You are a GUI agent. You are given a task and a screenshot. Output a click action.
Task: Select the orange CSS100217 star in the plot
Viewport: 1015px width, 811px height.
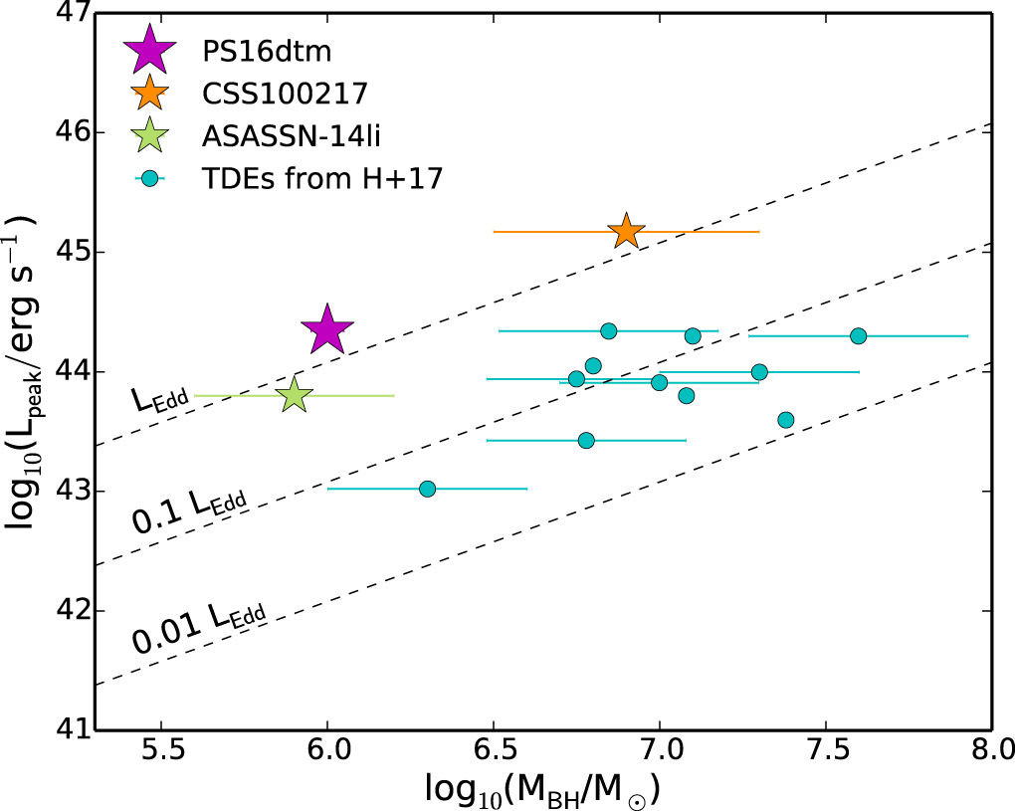tap(626, 231)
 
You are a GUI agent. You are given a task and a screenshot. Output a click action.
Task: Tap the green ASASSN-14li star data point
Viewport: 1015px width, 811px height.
tap(295, 395)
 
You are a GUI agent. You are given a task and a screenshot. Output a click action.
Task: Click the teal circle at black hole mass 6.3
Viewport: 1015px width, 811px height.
tap(427, 489)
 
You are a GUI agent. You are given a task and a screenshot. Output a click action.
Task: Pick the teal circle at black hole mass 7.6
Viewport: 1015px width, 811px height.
tap(858, 336)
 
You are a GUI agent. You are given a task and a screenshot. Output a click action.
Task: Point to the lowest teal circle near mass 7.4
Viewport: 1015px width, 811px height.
tap(785, 420)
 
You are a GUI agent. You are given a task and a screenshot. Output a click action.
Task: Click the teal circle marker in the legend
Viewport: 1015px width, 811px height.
tap(149, 179)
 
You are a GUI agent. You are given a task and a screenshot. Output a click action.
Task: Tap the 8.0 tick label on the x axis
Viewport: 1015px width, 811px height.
tap(990, 748)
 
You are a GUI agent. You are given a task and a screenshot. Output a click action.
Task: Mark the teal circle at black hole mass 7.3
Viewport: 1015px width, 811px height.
tap(759, 372)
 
